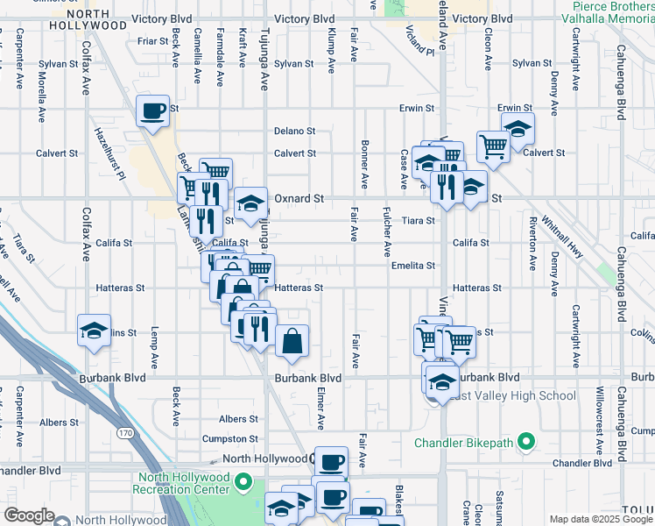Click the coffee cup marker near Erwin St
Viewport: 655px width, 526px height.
[x=152, y=111]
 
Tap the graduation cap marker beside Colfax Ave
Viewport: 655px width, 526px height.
[x=94, y=331]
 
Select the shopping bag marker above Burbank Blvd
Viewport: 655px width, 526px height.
[x=292, y=342]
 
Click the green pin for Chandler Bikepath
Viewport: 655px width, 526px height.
[x=525, y=440]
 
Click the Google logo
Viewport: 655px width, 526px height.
[x=29, y=515]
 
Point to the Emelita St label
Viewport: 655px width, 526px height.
[x=413, y=265]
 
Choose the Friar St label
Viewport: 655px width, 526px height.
[x=152, y=40]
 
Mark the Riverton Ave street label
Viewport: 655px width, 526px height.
[x=532, y=243]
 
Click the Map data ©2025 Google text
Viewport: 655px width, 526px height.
[x=602, y=519]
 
